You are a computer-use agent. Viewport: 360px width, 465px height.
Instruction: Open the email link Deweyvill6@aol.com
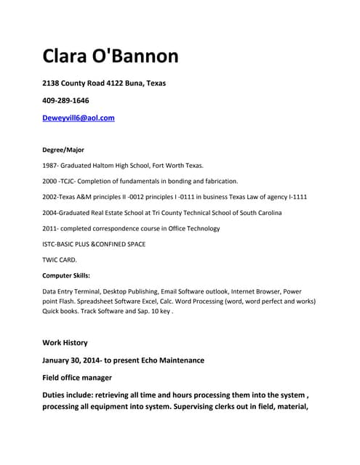pyautogui.click(x=79, y=117)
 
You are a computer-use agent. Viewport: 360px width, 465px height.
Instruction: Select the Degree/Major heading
pyautogui.click(x=64, y=150)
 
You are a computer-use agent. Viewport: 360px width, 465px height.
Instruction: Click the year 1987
pyautogui.click(x=51, y=166)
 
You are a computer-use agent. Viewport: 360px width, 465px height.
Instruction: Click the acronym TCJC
pyautogui.click(x=70, y=181)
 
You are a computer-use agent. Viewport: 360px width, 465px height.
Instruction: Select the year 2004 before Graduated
pyautogui.click(x=51, y=212)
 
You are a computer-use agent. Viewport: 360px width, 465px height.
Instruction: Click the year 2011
pyautogui.click(x=51, y=228)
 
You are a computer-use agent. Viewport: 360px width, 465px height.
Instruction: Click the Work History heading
pyautogui.click(x=65, y=342)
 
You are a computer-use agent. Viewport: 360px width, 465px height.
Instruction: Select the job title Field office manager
pyautogui.click(x=77, y=378)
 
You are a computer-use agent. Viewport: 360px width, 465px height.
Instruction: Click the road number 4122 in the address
pyautogui.click(x=116, y=83)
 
